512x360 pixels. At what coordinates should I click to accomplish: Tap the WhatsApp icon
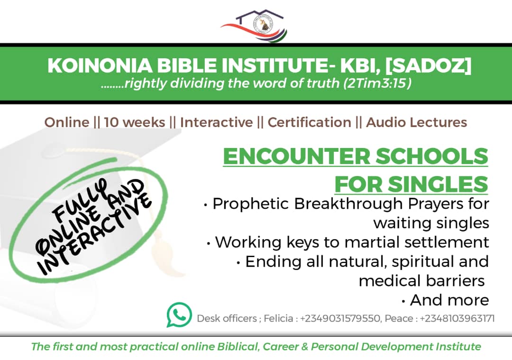tap(179, 314)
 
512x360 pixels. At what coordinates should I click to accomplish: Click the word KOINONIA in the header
tap(100, 65)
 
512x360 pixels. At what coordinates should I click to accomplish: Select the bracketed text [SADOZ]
tap(429, 65)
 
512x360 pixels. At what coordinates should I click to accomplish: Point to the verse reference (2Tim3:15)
tap(377, 83)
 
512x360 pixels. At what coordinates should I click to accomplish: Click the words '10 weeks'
tap(135, 122)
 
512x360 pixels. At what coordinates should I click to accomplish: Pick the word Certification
tap(309, 122)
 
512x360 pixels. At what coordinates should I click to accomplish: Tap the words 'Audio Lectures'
tap(416, 122)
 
